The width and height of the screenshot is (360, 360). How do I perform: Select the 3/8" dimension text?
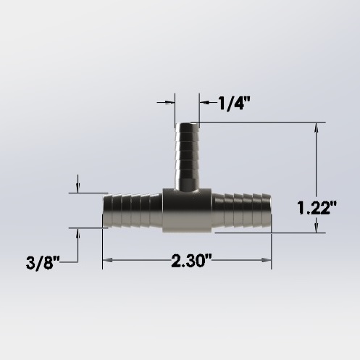[x=41, y=261]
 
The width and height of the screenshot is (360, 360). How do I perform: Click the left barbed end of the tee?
[x=132, y=211]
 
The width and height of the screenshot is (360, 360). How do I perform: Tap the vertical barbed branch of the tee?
[x=187, y=156]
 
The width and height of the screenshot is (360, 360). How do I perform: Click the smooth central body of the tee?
[x=186, y=210]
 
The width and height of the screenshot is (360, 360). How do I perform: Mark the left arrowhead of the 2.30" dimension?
[x=106, y=260]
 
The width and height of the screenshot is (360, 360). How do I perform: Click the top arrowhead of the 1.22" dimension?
[x=316, y=127]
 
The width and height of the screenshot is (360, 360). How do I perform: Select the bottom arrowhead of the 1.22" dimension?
[x=316, y=229]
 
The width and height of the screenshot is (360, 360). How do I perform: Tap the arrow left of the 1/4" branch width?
[x=171, y=102]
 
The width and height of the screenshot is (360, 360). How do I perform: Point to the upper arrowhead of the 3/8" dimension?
[x=78, y=190]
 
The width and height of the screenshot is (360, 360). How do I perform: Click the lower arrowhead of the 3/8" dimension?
[x=78, y=232]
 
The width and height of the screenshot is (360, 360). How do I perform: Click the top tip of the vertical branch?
[x=187, y=125]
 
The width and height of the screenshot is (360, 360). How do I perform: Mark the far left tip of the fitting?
[x=104, y=211]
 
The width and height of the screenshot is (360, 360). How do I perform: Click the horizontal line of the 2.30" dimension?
[x=145, y=260]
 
